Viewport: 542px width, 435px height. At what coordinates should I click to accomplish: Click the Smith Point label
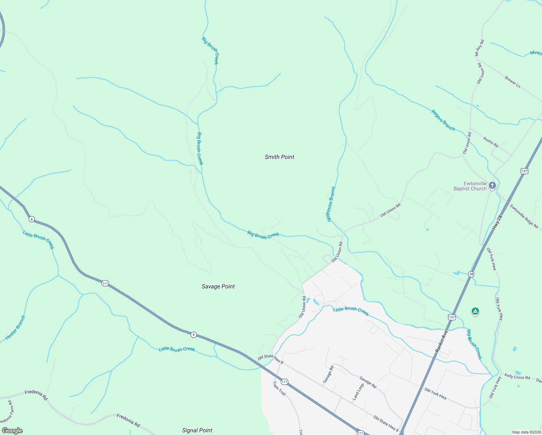coord(279,157)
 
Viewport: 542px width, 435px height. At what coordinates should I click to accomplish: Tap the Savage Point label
coord(218,286)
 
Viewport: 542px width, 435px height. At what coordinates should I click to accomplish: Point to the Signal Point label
coord(197,430)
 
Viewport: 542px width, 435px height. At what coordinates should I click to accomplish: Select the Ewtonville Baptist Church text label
coord(470,186)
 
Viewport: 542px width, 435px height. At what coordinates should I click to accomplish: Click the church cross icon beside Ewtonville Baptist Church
coord(492,186)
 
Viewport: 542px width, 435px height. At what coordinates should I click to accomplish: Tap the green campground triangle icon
coord(475,311)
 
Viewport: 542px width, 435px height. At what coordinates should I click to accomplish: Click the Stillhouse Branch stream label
coord(332,204)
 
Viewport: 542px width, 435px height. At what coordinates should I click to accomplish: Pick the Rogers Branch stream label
coord(443,120)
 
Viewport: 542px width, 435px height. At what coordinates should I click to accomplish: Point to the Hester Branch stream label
coord(16,328)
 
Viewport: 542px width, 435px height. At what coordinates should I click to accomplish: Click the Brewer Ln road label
coord(513,82)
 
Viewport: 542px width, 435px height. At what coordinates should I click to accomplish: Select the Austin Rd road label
coord(491,142)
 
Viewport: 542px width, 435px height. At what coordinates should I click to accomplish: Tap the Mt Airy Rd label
coord(479,48)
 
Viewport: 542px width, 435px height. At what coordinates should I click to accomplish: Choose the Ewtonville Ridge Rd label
coord(524,216)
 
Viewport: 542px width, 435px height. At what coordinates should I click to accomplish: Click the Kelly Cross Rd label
coord(517,377)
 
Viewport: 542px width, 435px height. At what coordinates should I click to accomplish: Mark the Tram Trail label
coord(279,388)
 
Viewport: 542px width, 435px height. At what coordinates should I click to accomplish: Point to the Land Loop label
coord(358,392)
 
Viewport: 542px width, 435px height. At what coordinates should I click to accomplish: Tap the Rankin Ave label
coord(442,341)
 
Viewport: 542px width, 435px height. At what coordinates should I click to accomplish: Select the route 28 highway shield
coord(471,274)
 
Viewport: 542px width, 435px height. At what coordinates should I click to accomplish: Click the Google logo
coord(12,430)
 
